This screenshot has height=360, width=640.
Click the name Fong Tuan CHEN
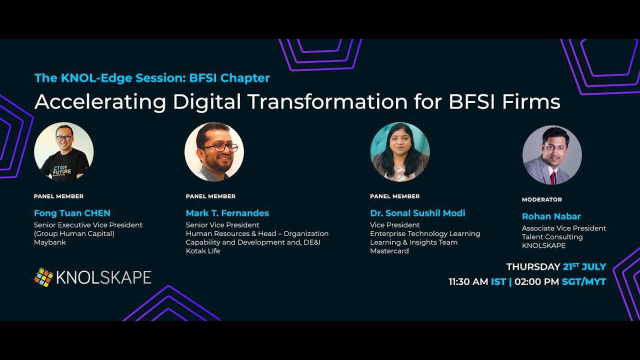click(72, 213)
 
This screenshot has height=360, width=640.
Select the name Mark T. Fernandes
click(227, 213)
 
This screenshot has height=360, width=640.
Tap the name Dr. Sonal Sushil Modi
click(417, 213)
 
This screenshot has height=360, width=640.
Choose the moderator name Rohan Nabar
click(551, 216)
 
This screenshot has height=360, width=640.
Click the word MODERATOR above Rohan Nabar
click(541, 199)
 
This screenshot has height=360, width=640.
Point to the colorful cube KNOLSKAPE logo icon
click(43, 277)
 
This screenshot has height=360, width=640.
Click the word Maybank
click(49, 242)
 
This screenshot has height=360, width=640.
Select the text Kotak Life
click(202, 251)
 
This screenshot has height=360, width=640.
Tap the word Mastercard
click(389, 251)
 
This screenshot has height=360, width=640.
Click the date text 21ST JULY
click(584, 266)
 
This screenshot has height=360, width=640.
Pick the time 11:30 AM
click(468, 282)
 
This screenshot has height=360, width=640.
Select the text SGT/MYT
click(583, 282)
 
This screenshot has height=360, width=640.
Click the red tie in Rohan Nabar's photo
click(553, 177)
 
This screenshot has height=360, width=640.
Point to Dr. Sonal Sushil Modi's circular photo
click(399, 151)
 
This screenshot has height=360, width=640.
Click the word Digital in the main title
click(206, 102)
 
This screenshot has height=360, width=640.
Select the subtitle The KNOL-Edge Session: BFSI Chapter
click(152, 78)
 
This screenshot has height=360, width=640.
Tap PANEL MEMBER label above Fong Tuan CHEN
click(58, 196)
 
